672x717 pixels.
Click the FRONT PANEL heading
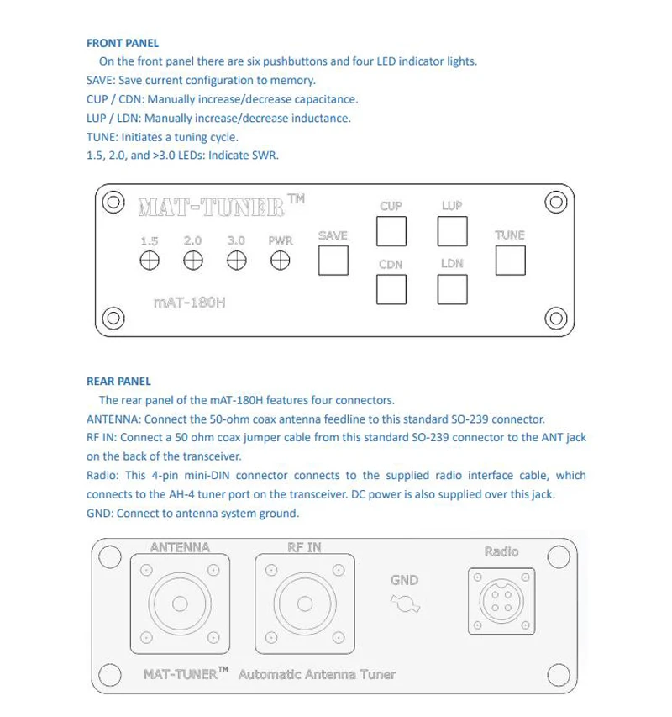point(123,43)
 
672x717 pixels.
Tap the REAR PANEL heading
point(118,382)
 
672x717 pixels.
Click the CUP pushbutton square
point(391,231)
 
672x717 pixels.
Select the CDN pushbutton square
point(391,289)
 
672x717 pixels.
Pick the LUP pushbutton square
point(452,231)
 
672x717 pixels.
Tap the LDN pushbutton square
point(452,289)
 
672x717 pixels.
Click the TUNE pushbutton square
point(510,261)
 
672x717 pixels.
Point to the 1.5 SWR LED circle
point(150,261)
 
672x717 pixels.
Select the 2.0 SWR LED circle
point(193,261)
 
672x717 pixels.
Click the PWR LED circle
point(280,261)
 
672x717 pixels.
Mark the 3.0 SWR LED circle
point(237,261)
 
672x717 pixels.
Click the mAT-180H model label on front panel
point(190,303)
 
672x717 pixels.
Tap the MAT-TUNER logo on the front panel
point(222,206)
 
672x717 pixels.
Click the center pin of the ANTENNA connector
point(180,604)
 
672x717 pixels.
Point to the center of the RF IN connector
point(305,604)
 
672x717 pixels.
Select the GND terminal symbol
point(405,604)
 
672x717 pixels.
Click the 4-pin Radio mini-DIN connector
point(501,601)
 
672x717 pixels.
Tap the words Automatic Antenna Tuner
point(317,674)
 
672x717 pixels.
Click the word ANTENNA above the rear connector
point(180,547)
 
